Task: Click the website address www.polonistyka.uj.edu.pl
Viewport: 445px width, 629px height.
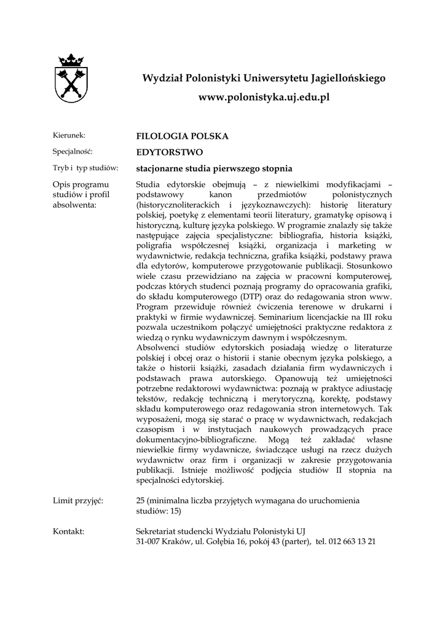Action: [264, 98]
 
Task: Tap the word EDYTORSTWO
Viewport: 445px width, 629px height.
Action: [169, 152]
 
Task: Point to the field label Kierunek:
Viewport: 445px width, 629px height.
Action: [69, 135]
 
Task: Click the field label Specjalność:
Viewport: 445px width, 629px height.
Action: [73, 151]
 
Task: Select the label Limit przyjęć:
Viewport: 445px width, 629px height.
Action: [78, 501]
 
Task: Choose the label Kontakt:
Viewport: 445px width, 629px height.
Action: [69, 530]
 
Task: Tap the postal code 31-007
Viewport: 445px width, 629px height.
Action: [148, 542]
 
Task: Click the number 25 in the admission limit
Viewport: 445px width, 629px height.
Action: [140, 501]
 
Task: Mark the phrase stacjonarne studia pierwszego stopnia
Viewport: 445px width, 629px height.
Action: [213, 168]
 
